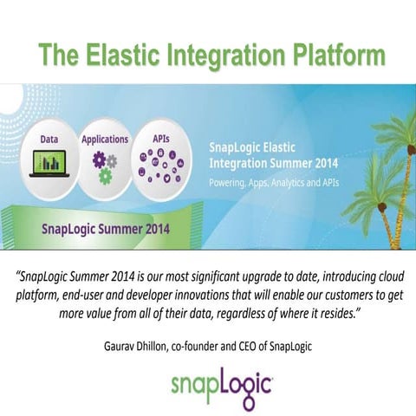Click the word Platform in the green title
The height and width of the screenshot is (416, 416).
pyautogui.click(x=326, y=54)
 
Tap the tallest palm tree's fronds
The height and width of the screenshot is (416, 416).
pyautogui.click(x=394, y=130)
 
